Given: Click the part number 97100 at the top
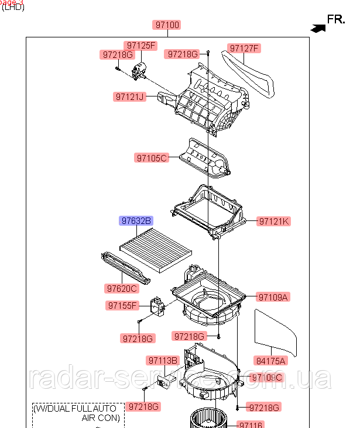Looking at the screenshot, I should [x=167, y=25].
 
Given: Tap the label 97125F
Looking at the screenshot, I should [x=140, y=46].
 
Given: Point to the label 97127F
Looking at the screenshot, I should [x=244, y=49].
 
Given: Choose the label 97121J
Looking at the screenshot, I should [x=129, y=96].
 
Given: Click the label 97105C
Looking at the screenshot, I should [x=152, y=157].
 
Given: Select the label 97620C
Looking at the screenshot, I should [x=122, y=288].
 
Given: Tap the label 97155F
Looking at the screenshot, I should [x=122, y=305].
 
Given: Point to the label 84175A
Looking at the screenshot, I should [x=270, y=361].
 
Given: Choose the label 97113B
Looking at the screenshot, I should [x=162, y=361].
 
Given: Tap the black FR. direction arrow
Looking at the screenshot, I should [x=318, y=26].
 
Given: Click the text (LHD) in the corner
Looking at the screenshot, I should [x=13, y=8].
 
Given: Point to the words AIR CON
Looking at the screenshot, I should [x=100, y=418].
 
